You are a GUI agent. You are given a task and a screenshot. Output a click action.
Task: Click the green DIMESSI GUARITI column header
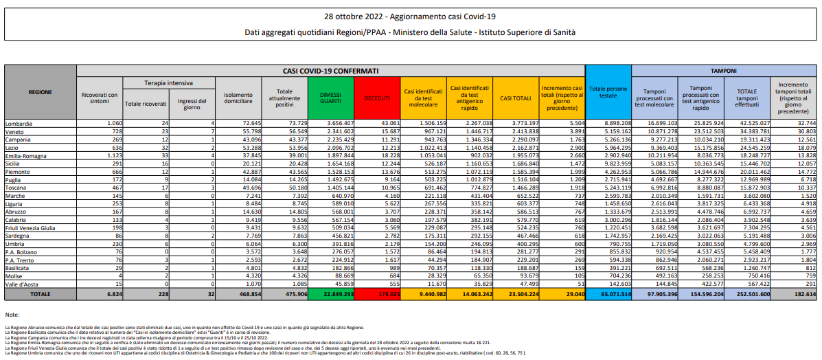(330, 98)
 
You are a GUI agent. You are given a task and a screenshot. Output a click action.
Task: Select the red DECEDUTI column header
(376, 98)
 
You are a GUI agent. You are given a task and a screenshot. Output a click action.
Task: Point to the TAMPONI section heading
(724, 71)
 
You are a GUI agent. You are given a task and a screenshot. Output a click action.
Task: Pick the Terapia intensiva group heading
(168, 82)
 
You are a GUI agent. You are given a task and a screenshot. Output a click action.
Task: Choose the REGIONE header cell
(41, 91)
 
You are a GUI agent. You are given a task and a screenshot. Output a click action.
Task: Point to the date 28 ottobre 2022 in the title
(357, 15)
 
